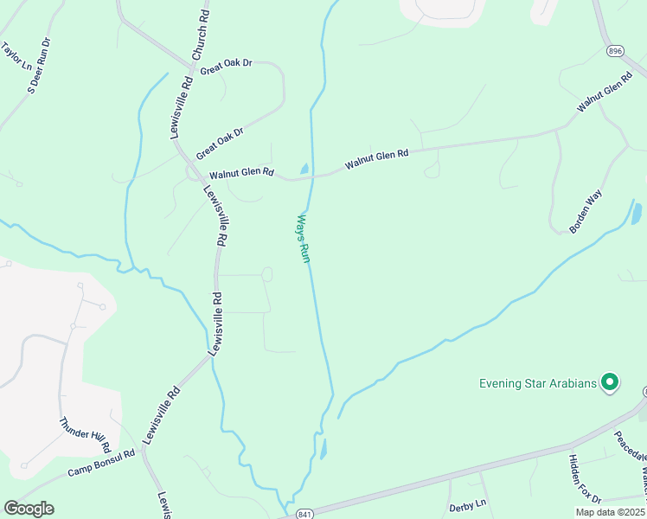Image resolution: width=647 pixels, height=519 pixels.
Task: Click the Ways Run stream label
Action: point(303,239)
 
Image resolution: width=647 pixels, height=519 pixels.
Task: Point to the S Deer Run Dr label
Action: point(39,65)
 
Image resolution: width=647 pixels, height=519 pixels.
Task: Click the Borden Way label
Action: point(586,212)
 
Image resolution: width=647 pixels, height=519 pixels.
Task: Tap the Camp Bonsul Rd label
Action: point(102,464)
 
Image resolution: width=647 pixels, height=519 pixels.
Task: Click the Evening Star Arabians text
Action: point(540,382)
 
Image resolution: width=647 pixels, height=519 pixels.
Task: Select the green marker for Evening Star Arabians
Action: point(611,381)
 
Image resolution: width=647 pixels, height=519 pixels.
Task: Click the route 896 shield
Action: point(614,51)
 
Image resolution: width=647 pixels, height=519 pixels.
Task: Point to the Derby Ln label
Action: point(468,505)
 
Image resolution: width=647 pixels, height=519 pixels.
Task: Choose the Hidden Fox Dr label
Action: point(585,477)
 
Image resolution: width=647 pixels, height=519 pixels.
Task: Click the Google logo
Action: point(29,508)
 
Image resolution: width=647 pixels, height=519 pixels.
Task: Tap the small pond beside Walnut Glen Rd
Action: point(304,168)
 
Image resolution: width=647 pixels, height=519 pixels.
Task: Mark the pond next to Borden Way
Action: point(637,212)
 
